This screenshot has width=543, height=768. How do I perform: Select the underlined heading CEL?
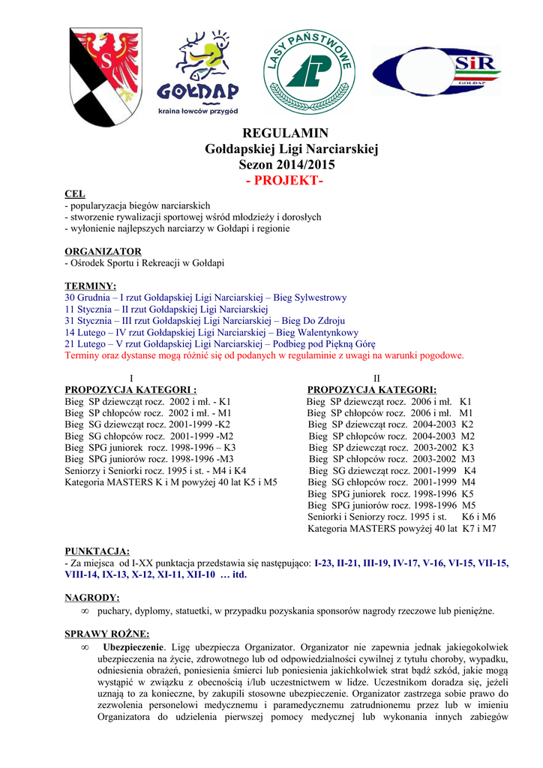click(75, 194)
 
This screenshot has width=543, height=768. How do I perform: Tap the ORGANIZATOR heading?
click(103, 251)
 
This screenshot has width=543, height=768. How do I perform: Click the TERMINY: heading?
click(91, 286)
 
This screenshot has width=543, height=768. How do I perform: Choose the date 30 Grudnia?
click(91, 298)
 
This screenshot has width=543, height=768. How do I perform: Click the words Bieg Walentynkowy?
click(317, 332)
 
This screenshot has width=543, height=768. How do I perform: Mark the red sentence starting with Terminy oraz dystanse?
click(264, 355)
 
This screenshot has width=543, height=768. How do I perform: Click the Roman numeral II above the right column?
click(377, 378)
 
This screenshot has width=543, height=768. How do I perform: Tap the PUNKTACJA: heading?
click(97, 551)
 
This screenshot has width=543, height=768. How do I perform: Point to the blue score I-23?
click(325, 562)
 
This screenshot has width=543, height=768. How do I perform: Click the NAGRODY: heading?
click(92, 598)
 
